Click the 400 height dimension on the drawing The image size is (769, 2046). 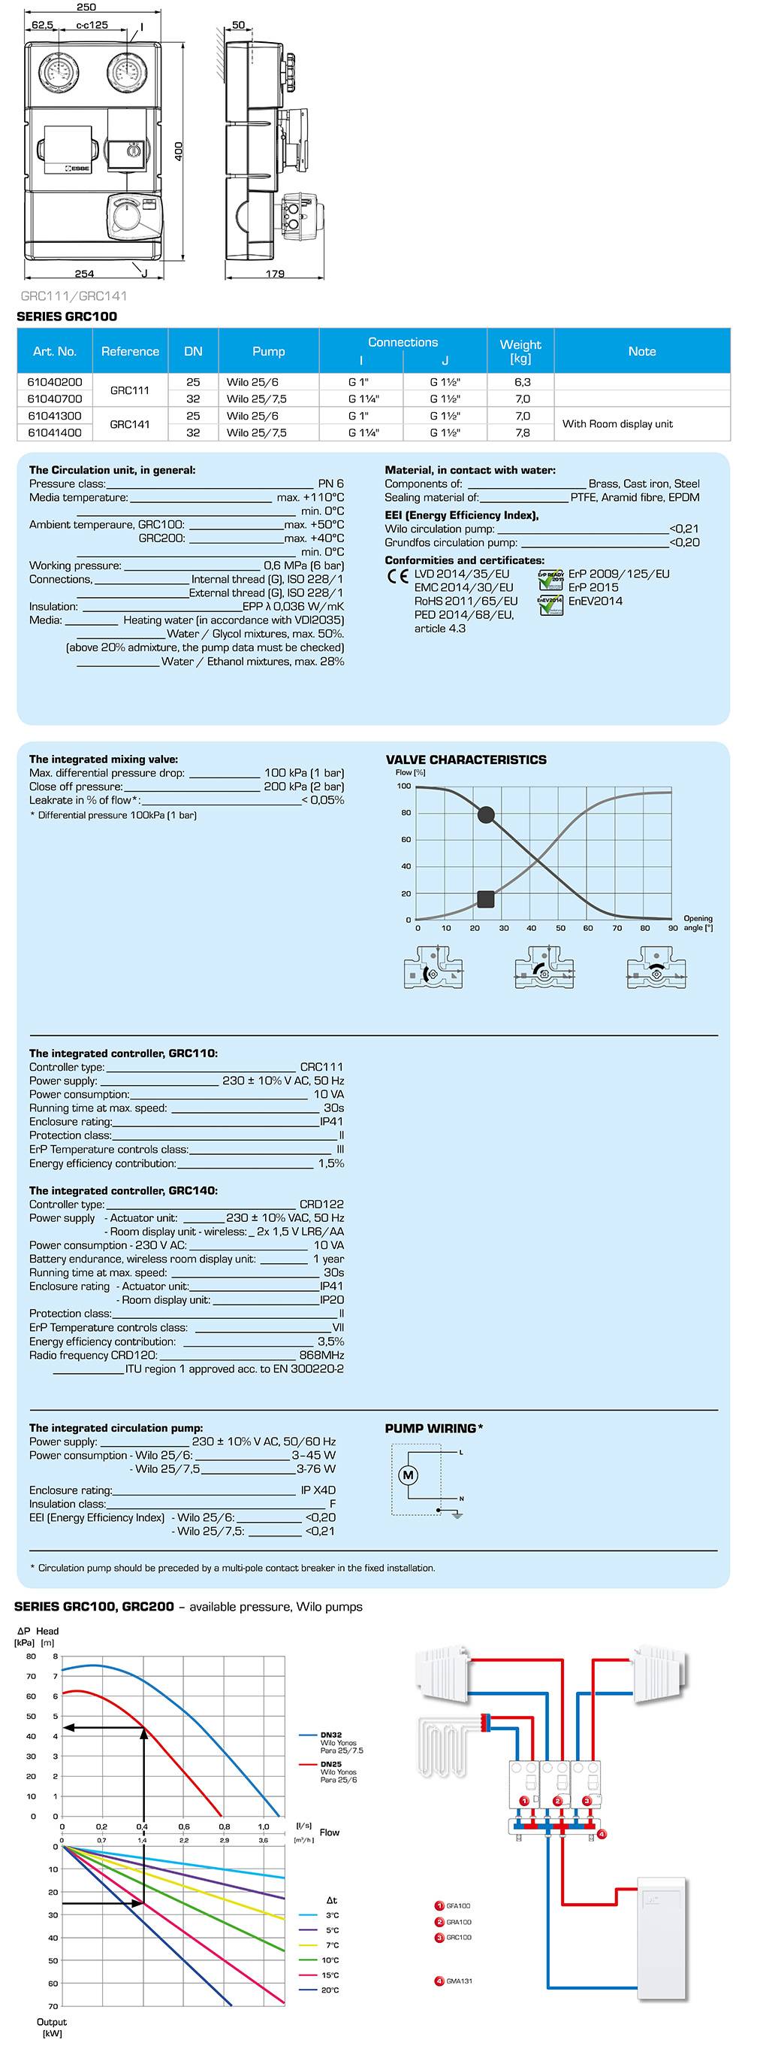[179, 151]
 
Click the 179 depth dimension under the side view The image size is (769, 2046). [275, 274]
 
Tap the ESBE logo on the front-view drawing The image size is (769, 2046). [79, 168]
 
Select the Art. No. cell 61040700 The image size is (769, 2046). [55, 399]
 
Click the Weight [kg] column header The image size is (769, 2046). [520, 351]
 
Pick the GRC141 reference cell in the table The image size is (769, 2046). [130, 424]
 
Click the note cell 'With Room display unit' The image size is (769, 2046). [617, 424]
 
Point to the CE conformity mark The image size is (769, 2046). [397, 576]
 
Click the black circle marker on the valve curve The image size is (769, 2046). [487, 814]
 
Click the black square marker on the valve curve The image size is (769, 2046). [486, 899]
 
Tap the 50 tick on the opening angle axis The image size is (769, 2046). [560, 928]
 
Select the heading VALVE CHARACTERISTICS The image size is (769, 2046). [466, 760]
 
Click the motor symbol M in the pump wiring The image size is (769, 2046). [408, 1475]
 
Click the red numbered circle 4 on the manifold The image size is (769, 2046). [602, 1834]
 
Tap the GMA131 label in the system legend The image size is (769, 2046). [459, 1981]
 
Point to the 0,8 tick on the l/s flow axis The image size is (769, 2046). [225, 1826]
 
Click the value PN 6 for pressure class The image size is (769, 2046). [331, 483]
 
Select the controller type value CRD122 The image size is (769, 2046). [321, 1204]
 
